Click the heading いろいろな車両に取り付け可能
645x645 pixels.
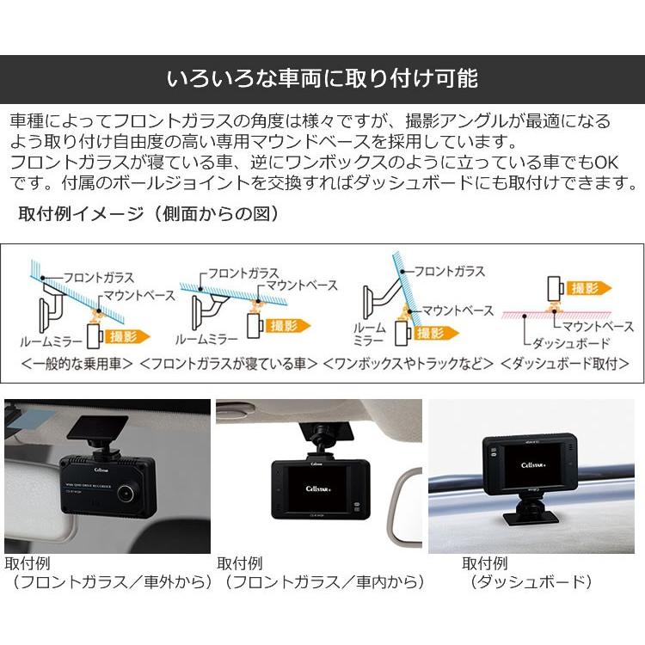(x=322, y=80)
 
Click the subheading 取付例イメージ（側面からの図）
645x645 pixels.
(x=148, y=213)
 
